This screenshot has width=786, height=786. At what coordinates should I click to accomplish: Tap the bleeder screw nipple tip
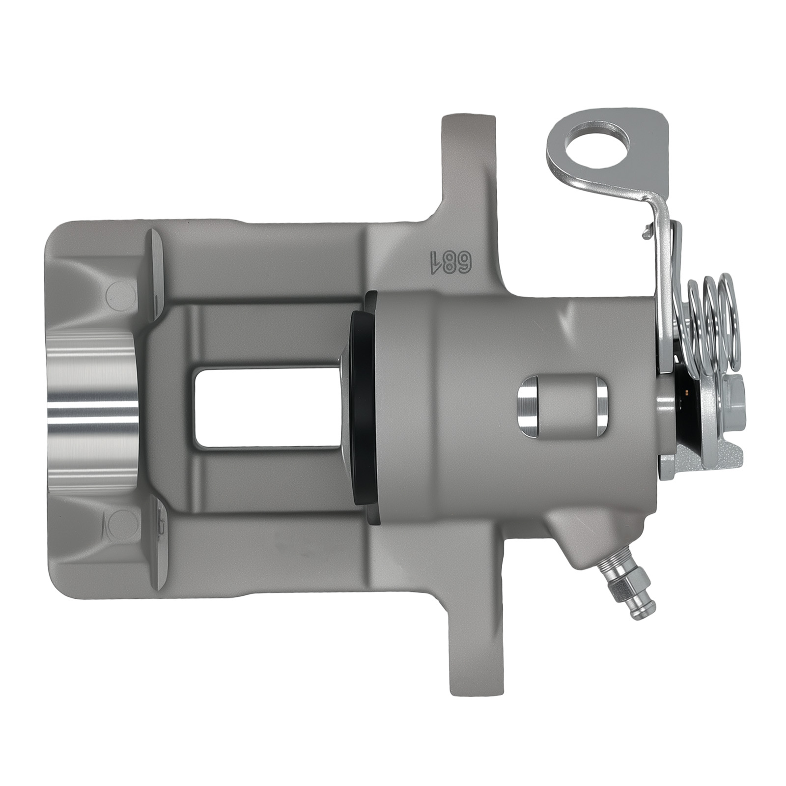point(648,612)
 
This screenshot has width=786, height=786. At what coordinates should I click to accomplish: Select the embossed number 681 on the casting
point(451,263)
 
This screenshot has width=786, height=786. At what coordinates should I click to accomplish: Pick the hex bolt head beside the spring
point(734,400)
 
